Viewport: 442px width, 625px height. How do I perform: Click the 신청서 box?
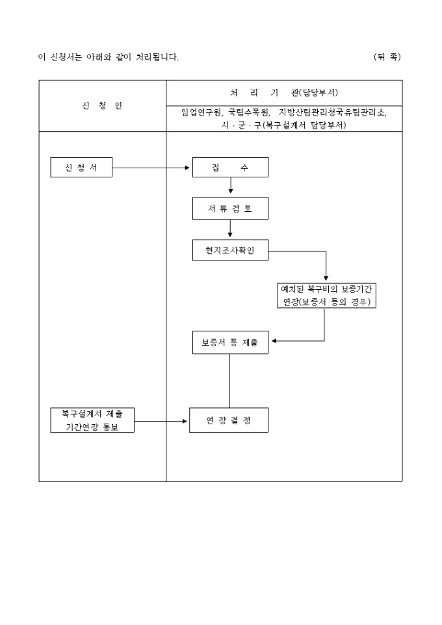pyautogui.click(x=81, y=168)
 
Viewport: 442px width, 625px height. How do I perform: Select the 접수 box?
pyautogui.click(x=230, y=168)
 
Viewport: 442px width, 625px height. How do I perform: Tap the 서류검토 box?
pyautogui.click(x=230, y=208)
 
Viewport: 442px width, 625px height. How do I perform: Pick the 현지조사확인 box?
pyautogui.click(x=230, y=250)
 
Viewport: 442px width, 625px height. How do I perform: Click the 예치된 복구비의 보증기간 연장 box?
pyautogui.click(x=326, y=295)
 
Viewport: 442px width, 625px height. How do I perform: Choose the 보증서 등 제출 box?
pyautogui.click(x=230, y=342)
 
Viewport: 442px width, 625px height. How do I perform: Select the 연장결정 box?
pyautogui.click(x=229, y=420)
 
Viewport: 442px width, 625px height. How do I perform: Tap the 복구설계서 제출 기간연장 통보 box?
pyautogui.click(x=92, y=420)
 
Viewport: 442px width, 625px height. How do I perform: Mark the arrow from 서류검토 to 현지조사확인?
pyautogui.click(x=230, y=227)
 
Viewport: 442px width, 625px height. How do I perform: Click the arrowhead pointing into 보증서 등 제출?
pyautogui.click(x=274, y=340)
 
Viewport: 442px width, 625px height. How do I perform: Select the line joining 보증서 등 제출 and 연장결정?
pyautogui.click(x=229, y=380)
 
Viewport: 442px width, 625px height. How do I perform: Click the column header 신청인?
pyautogui.click(x=102, y=106)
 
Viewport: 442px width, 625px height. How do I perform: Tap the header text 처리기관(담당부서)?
pyautogui.click(x=284, y=92)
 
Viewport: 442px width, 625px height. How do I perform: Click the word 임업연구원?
pyautogui.click(x=202, y=112)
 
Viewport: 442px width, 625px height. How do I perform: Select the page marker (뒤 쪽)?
pyautogui.click(x=387, y=57)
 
